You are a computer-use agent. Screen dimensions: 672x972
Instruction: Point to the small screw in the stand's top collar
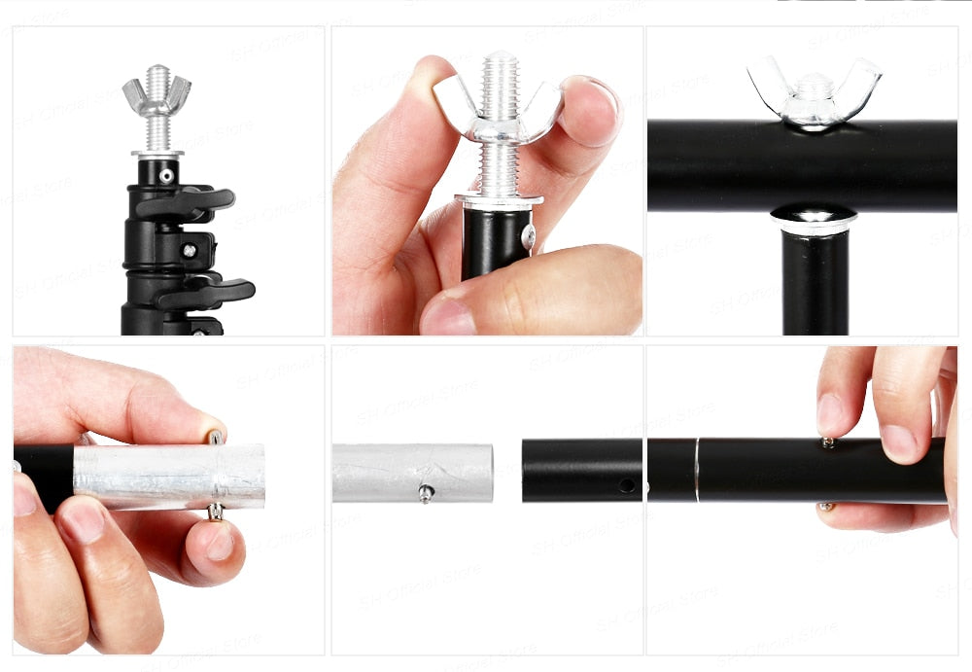click(x=167, y=176)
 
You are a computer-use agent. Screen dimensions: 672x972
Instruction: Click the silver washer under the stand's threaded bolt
click(x=156, y=154)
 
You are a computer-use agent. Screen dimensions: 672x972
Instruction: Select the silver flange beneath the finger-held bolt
click(x=498, y=200)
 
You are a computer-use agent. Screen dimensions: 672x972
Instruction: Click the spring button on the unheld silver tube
click(x=426, y=493)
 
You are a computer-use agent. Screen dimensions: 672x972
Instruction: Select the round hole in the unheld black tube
click(x=626, y=484)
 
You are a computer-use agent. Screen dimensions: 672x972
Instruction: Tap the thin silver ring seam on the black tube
click(x=696, y=470)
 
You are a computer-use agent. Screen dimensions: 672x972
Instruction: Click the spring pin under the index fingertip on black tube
click(x=828, y=442)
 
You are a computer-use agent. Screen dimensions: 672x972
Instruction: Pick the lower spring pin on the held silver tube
click(x=215, y=512)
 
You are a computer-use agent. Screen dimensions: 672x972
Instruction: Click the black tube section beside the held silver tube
click(x=44, y=477)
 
